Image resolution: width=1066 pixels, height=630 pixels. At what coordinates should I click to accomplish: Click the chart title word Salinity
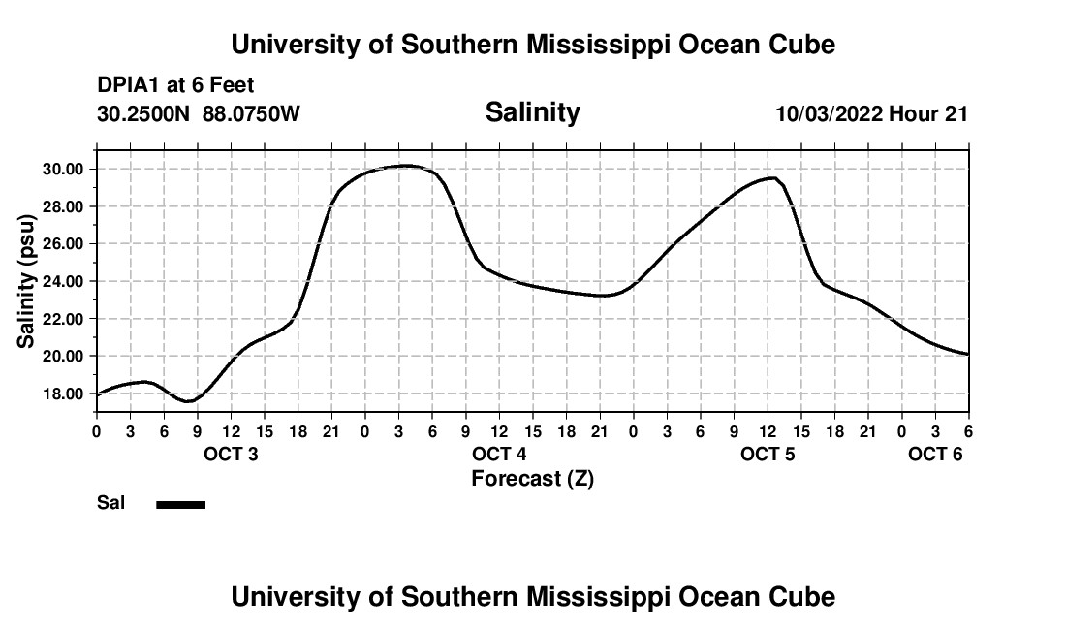[x=532, y=112]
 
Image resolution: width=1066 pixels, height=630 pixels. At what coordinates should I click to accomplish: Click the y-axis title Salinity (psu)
[x=26, y=282]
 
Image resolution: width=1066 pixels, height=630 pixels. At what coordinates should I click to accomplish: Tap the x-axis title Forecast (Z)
[x=532, y=479]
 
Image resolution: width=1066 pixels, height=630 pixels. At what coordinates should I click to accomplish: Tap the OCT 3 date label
[x=231, y=455]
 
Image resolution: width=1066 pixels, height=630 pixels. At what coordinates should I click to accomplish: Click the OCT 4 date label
[x=499, y=455]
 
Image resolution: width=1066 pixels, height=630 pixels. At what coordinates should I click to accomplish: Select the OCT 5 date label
[x=768, y=455]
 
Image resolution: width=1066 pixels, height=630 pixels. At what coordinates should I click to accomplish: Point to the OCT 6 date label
[x=935, y=455]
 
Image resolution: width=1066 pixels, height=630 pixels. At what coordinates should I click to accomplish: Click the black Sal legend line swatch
[x=181, y=504]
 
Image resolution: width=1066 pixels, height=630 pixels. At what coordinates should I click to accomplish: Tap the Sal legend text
[x=109, y=503]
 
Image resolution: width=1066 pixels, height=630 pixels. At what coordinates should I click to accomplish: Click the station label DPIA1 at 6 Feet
[x=175, y=86]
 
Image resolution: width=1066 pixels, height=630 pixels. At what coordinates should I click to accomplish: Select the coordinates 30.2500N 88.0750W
[x=199, y=113]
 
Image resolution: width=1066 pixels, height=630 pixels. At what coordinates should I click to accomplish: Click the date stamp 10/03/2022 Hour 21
[x=871, y=113]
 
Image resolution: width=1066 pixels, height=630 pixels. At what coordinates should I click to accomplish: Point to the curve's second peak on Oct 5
[x=771, y=177]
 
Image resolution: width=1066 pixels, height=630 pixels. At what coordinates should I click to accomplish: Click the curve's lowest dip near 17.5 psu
[x=189, y=400]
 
